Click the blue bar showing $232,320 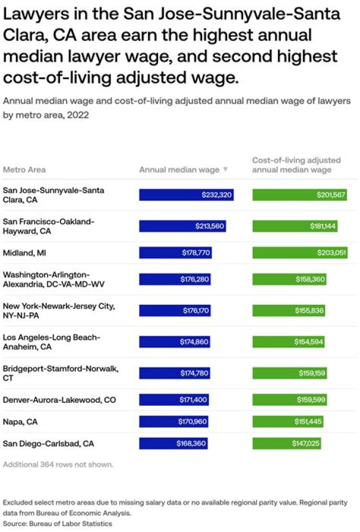pyautogui.click(x=186, y=195)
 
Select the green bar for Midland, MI pyautogui.click(x=299, y=253)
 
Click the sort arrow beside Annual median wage pyautogui.click(x=225, y=170)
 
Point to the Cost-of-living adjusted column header pyautogui.click(x=296, y=165)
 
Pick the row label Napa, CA pyautogui.click(x=19, y=422)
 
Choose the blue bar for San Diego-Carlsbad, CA pyautogui.click(x=173, y=443)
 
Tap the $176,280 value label pyautogui.click(x=194, y=279)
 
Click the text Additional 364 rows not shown pyautogui.click(x=58, y=464)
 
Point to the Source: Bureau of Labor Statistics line pyautogui.click(x=57, y=523)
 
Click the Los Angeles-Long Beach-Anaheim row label pyautogui.click(x=51, y=342)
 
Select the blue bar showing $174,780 pyautogui.click(x=174, y=373)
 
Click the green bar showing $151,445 pyautogui.click(x=287, y=422)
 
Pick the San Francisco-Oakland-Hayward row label pyautogui.click(x=48, y=226)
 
